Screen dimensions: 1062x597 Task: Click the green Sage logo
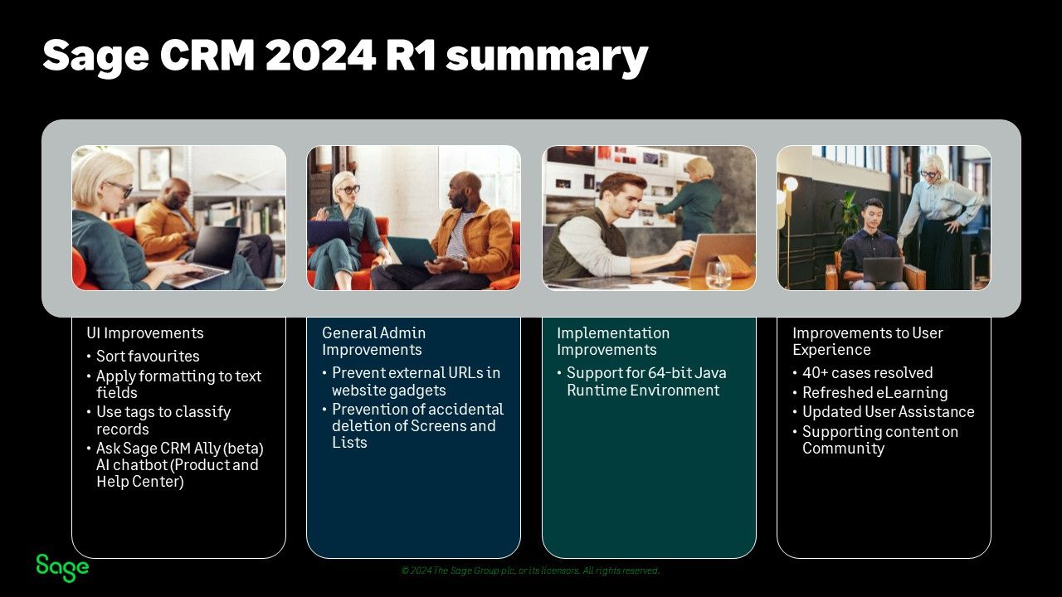pos(62,567)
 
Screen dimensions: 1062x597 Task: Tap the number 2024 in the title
pos(320,55)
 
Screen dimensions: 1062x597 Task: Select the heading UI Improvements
pos(145,333)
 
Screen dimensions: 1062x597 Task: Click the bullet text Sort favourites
pos(148,357)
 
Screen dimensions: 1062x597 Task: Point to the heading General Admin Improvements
pos(373,341)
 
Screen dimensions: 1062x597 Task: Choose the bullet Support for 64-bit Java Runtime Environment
pos(646,381)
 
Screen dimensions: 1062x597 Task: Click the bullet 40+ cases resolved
pos(868,373)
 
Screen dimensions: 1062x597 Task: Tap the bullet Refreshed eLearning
pos(874,393)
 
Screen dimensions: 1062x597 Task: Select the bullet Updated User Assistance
pos(888,412)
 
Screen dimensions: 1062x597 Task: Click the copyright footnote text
pos(530,570)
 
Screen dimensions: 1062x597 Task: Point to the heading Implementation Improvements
pos(613,341)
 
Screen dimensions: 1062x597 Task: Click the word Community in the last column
pos(843,449)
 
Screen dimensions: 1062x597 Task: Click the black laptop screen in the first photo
pos(217,246)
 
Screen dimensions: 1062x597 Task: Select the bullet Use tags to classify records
pos(163,420)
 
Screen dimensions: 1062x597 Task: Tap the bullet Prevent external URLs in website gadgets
pos(416,381)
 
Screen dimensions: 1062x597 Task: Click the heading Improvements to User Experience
pos(868,341)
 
